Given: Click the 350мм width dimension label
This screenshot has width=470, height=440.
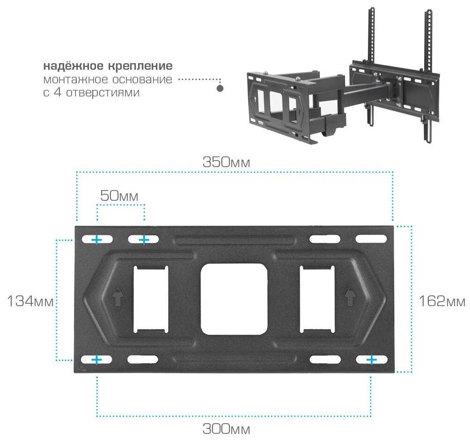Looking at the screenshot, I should [x=226, y=162].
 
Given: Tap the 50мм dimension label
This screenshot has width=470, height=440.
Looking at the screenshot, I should [x=119, y=196].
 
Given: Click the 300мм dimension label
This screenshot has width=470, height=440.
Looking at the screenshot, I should [x=226, y=428].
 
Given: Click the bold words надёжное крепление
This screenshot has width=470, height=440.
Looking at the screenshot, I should [x=108, y=65].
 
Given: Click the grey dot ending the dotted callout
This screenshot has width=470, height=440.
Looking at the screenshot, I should [x=220, y=88].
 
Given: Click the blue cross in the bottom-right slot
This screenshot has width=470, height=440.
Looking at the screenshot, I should [x=371, y=359].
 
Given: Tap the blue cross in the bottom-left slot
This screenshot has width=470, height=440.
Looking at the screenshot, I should [x=96, y=359].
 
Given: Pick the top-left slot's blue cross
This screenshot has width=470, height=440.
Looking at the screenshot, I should [x=96, y=240].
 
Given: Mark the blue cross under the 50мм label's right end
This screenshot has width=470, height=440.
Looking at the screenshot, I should [x=144, y=240].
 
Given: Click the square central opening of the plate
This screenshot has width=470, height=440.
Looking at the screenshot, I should [x=234, y=299].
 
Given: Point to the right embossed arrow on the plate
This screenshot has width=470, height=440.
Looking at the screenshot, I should [x=349, y=296].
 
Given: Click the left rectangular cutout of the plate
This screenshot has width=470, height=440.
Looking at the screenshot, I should [x=150, y=298].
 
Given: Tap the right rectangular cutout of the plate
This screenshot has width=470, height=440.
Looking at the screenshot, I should [x=317, y=298].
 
